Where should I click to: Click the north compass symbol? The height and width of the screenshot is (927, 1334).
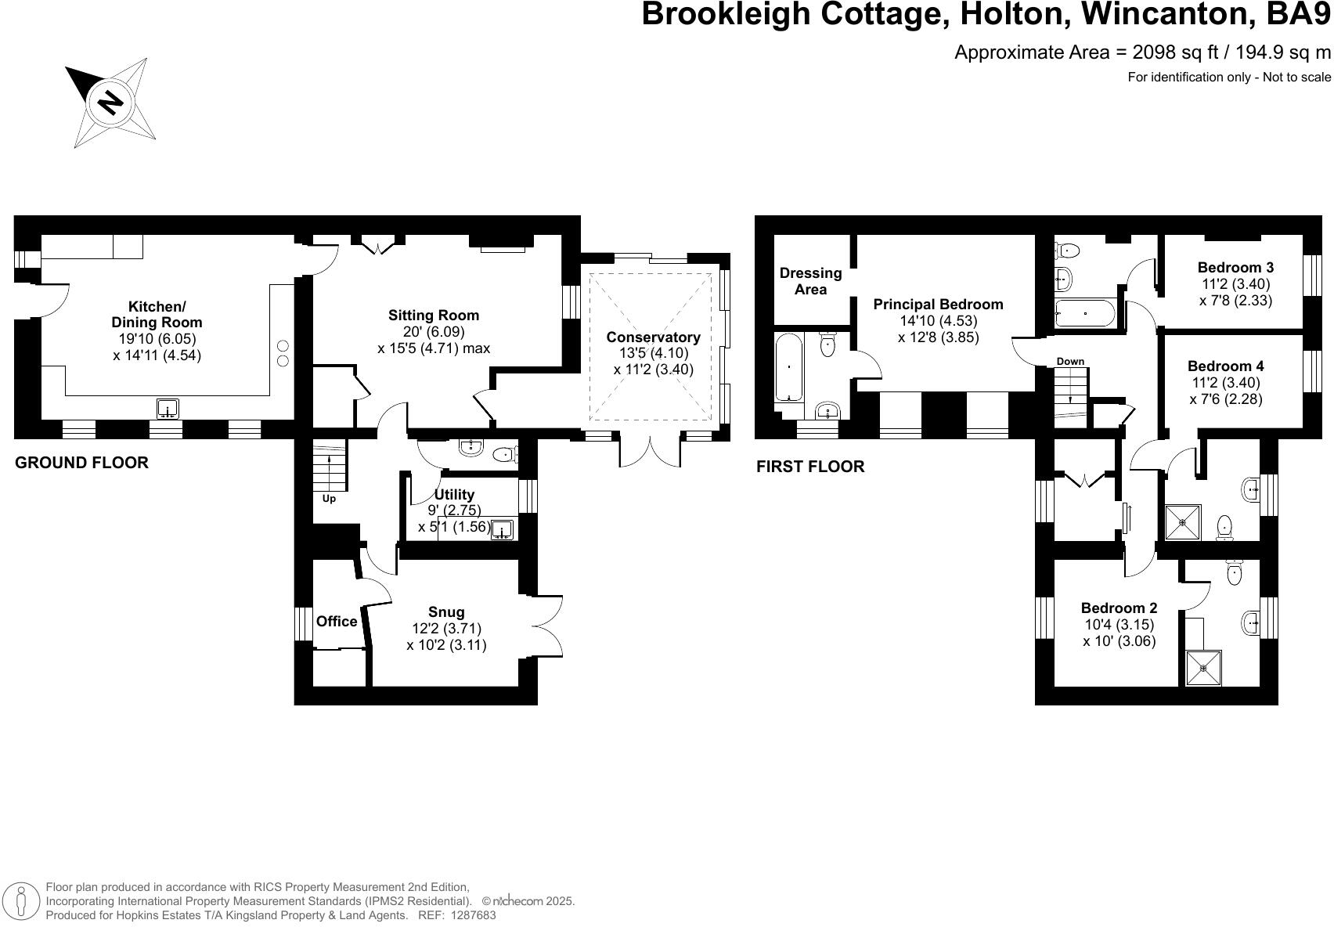[113, 102]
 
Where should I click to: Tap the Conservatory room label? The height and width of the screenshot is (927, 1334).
[653, 337]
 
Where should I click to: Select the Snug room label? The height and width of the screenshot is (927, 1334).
[446, 612]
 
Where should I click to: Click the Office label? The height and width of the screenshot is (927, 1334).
[337, 621]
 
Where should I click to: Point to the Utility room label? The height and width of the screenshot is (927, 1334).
[454, 494]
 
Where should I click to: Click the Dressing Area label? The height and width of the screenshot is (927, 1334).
[810, 281]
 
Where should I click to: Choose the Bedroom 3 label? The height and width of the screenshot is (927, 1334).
[1230, 268]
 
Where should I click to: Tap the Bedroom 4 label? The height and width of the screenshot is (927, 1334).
[1225, 366]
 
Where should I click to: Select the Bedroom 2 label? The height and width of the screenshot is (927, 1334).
[1119, 608]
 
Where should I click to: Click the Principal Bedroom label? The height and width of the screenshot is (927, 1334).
[938, 304]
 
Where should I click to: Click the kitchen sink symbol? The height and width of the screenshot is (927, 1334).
[168, 409]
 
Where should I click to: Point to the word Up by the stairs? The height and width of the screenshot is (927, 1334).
[329, 499]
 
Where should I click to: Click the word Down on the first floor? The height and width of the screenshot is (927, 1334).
[1070, 361]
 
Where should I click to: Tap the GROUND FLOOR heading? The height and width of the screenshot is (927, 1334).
[81, 463]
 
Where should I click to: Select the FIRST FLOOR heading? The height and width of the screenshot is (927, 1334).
[810, 467]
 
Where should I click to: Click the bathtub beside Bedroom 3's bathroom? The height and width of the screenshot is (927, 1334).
[1084, 313]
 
